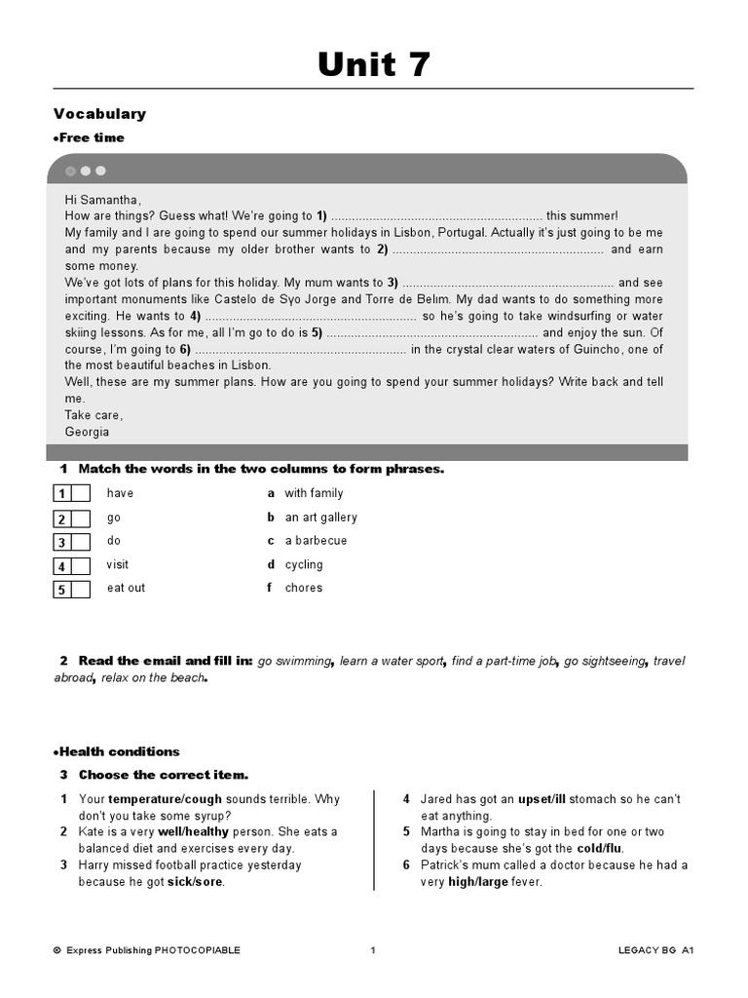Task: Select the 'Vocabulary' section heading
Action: click(99, 114)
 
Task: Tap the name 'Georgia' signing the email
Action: click(87, 432)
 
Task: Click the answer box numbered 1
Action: click(71, 494)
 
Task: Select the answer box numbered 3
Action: click(71, 542)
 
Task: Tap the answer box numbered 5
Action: click(71, 589)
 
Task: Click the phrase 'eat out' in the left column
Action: click(126, 588)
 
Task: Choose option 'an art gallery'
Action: click(320, 518)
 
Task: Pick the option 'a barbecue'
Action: click(316, 541)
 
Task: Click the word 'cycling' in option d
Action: click(304, 564)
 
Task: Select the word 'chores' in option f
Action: click(304, 588)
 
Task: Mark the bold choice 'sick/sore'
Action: click(196, 882)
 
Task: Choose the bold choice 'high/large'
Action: click(480, 882)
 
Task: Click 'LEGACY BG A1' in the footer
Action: click(655, 950)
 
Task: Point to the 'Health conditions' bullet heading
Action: click(117, 751)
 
